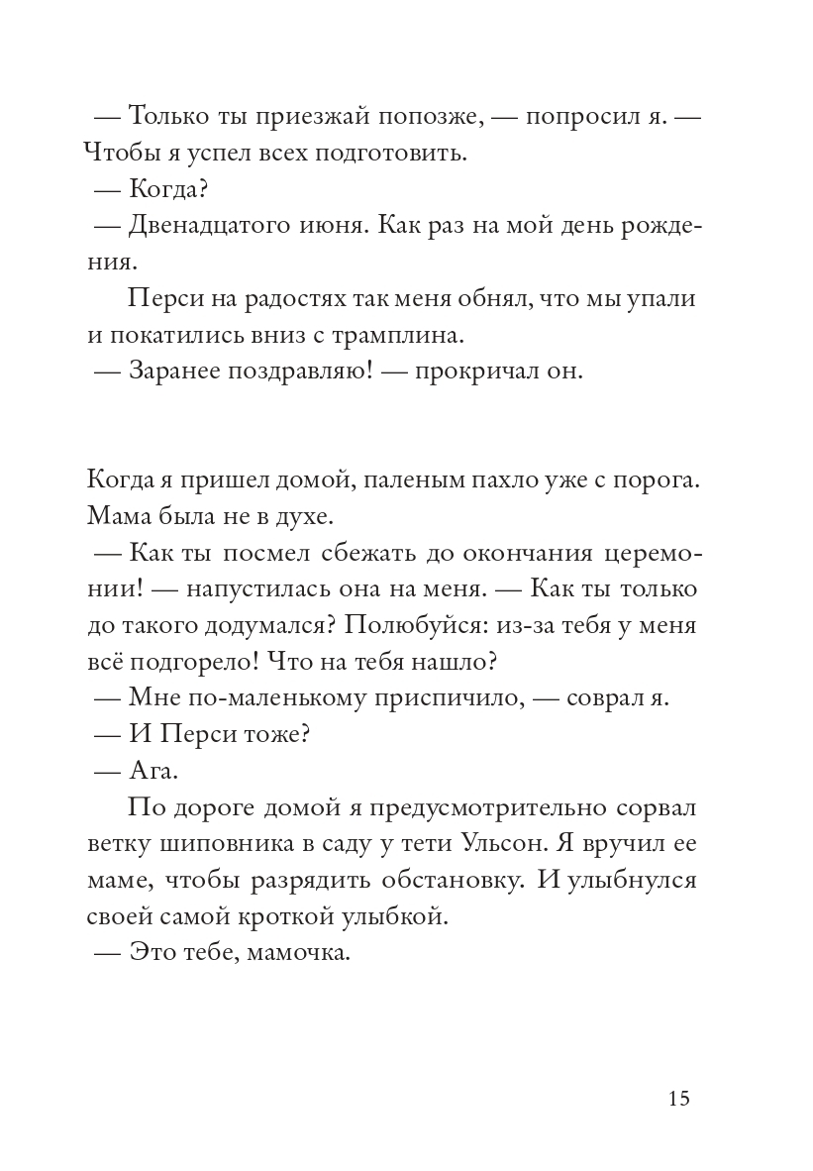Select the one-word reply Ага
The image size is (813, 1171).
[152, 770]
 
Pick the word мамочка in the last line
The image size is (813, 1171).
[297, 952]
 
